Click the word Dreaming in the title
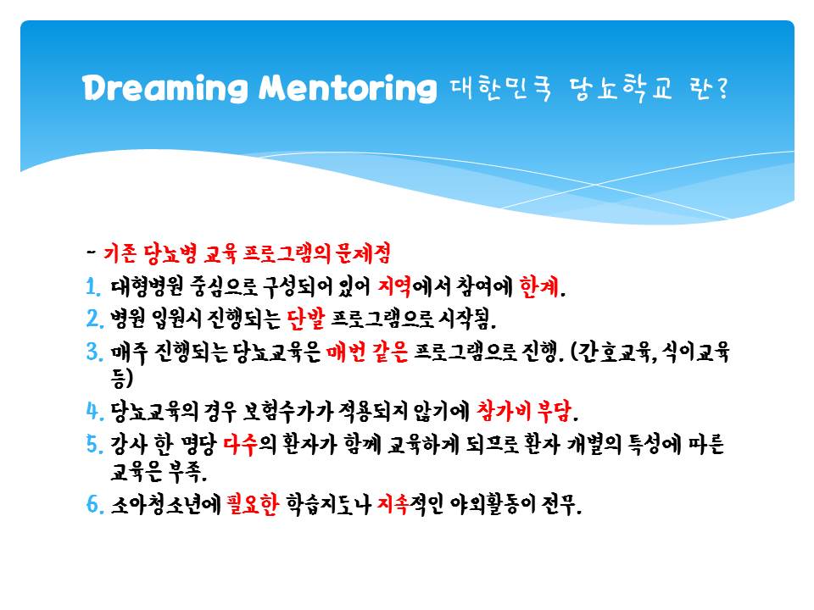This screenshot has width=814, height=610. [x=165, y=88]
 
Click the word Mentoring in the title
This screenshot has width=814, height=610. [x=348, y=87]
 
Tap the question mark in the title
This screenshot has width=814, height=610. [x=722, y=89]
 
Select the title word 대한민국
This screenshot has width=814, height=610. [x=501, y=89]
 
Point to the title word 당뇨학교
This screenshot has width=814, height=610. [x=621, y=89]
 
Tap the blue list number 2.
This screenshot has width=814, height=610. [x=94, y=318]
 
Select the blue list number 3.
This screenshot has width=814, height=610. [x=94, y=352]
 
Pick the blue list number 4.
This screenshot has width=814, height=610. [x=94, y=411]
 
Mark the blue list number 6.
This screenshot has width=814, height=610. [x=94, y=503]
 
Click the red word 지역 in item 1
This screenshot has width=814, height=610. [x=393, y=286]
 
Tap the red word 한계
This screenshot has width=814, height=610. [x=539, y=286]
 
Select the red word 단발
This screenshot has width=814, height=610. [x=305, y=318]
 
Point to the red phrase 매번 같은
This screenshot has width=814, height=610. [x=367, y=352]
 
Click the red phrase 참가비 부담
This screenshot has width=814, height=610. [x=524, y=411]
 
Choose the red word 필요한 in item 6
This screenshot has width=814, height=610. [x=253, y=503]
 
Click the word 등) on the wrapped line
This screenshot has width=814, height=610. [x=121, y=378]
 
